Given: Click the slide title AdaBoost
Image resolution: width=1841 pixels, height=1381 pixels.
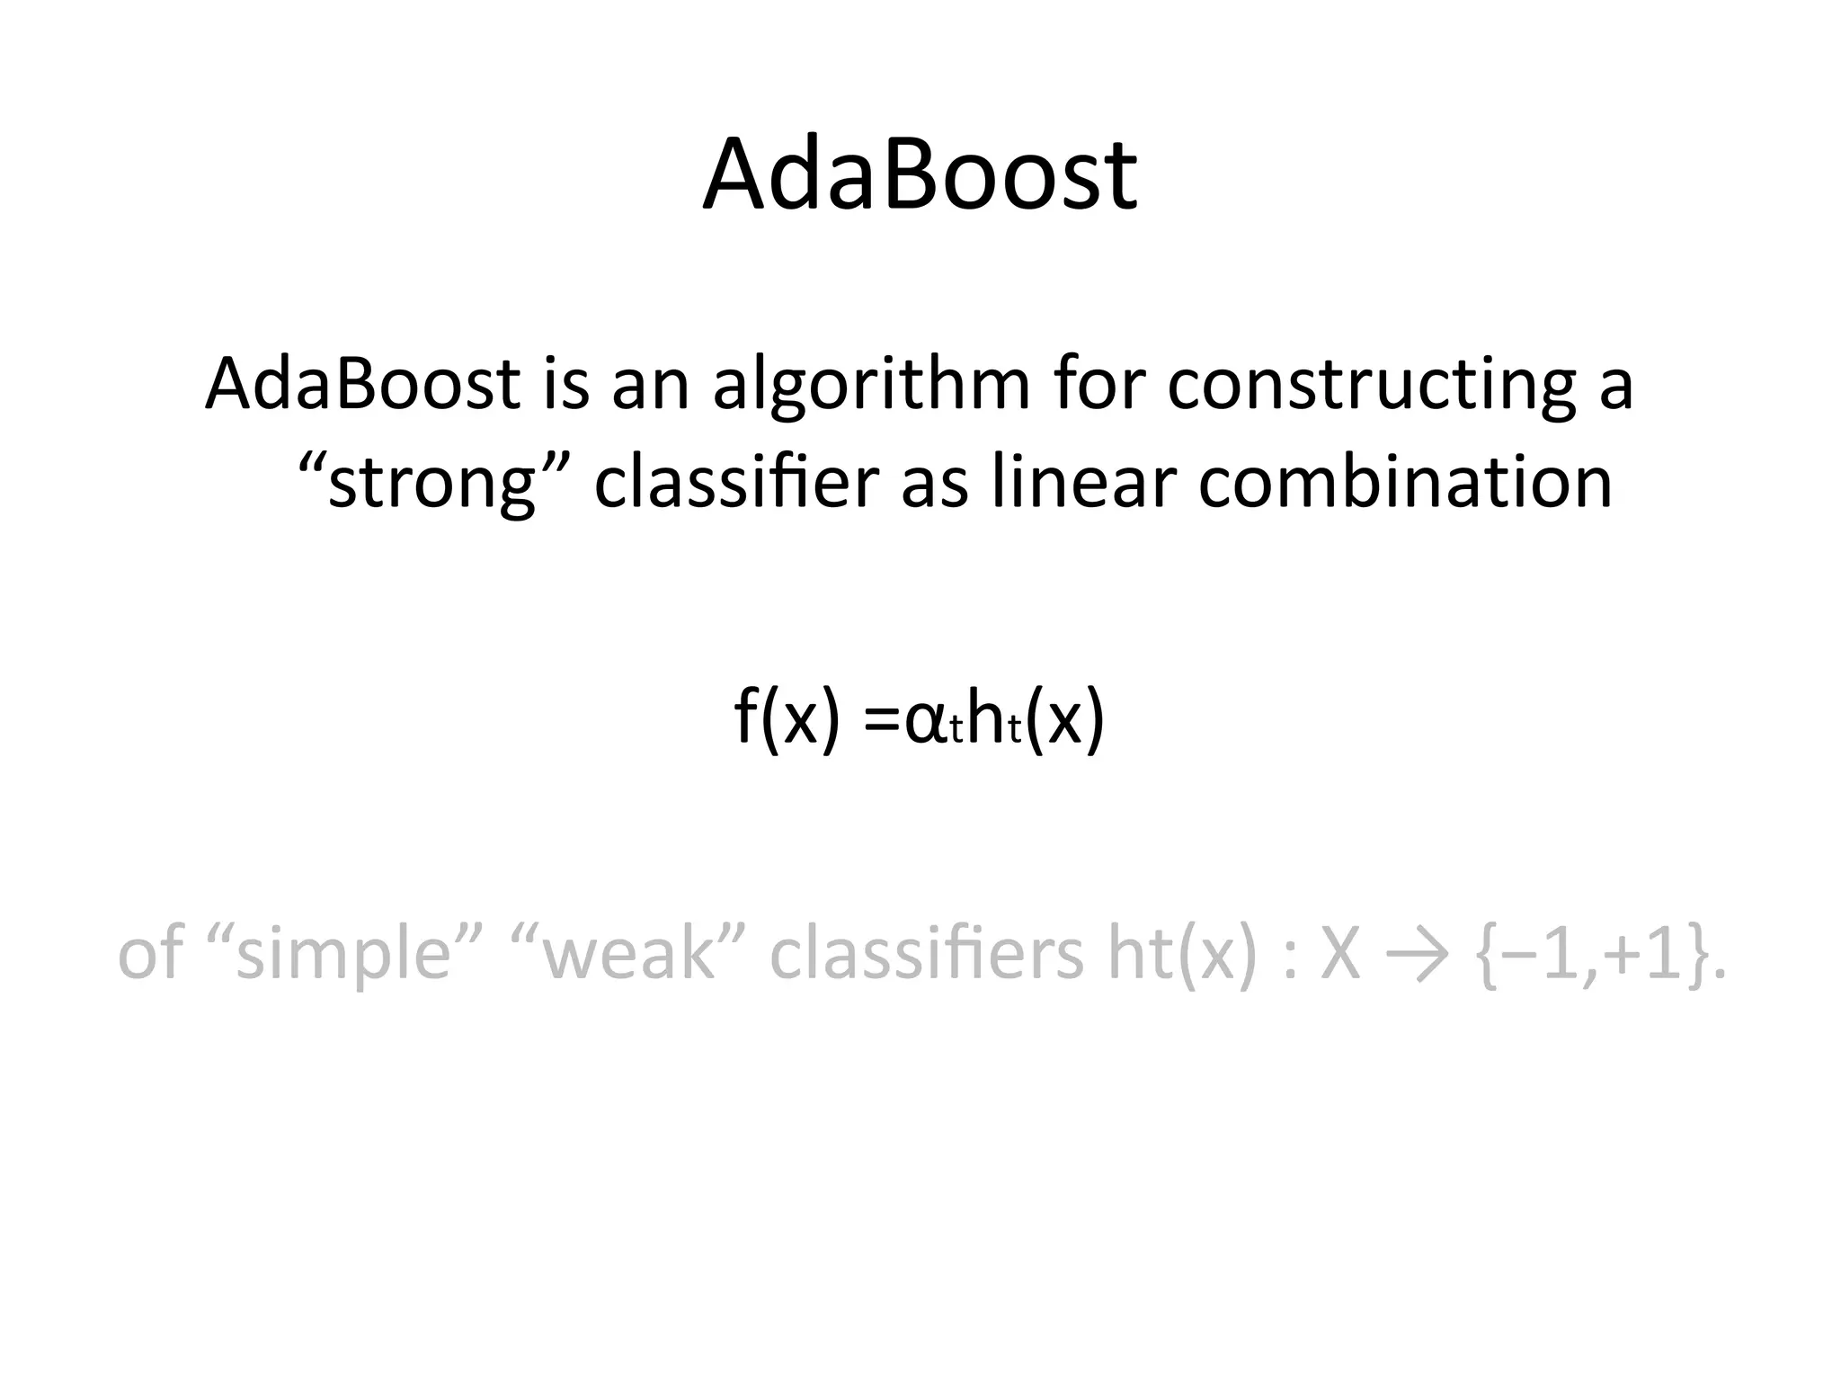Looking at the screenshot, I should click(x=920, y=174).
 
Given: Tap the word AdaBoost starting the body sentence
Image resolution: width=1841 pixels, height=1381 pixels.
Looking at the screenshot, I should click(x=362, y=385).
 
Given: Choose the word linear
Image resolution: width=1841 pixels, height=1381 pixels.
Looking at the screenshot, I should click(x=1083, y=483).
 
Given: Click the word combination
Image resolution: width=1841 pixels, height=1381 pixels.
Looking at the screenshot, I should click(x=1405, y=483).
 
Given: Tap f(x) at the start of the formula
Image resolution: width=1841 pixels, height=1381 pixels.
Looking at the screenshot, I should click(x=787, y=719).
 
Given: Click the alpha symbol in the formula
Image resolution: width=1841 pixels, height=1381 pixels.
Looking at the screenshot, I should click(x=925, y=723).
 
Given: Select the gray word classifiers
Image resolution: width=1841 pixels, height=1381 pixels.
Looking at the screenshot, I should click(x=926, y=954).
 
